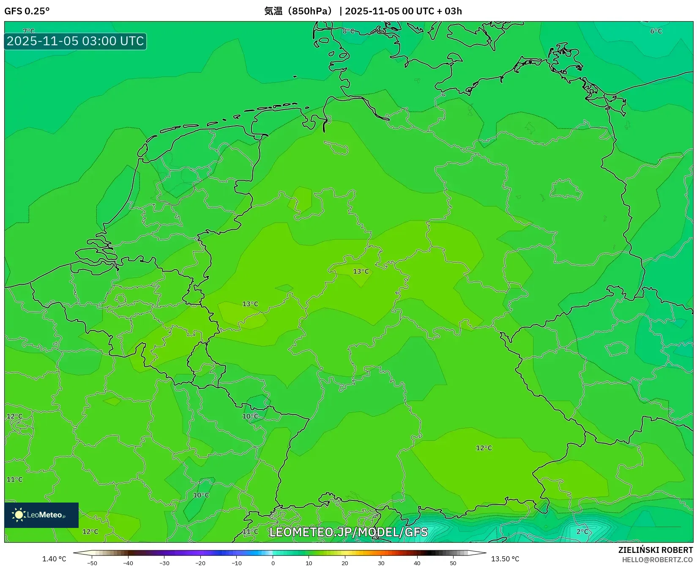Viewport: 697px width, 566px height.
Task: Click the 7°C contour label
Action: tap(29, 31)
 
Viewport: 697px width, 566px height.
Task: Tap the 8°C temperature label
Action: tap(348, 31)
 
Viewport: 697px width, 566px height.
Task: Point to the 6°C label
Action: tap(656, 31)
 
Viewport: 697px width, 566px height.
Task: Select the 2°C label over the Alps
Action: tap(582, 531)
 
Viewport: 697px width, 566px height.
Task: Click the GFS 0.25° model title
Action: tap(27, 11)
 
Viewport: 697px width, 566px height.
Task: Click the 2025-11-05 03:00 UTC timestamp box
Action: tap(75, 41)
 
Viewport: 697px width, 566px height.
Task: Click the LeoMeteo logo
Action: tap(41, 515)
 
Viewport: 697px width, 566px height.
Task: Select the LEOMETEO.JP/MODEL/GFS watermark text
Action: tap(348, 532)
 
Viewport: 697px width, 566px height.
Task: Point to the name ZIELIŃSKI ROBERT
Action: tap(656, 550)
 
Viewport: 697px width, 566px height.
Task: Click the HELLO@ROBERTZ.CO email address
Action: tap(657, 560)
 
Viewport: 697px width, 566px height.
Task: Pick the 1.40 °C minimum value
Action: tap(54, 559)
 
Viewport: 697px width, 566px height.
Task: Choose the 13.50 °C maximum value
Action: tap(505, 559)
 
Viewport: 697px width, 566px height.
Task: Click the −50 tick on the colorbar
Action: tap(92, 563)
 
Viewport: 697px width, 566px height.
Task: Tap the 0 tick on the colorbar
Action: tap(273, 563)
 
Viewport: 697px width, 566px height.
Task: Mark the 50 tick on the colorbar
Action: tap(453, 563)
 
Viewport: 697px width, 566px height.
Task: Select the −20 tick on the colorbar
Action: tap(200, 563)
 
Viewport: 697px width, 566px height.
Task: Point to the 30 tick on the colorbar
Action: tap(381, 563)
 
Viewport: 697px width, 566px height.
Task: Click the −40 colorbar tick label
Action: tap(128, 563)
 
